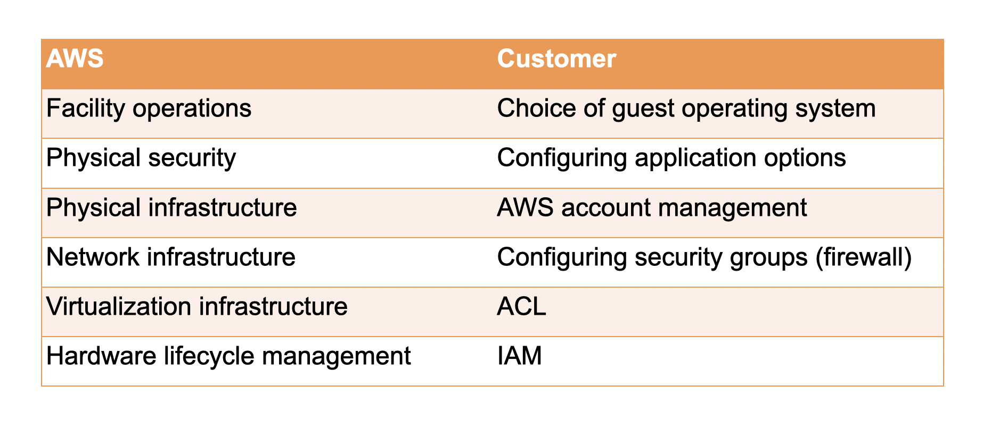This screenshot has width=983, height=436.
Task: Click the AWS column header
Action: point(75,58)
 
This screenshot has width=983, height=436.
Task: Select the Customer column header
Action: point(556,58)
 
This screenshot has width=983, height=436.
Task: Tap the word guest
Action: point(643,110)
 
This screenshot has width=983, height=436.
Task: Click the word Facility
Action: point(85,109)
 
